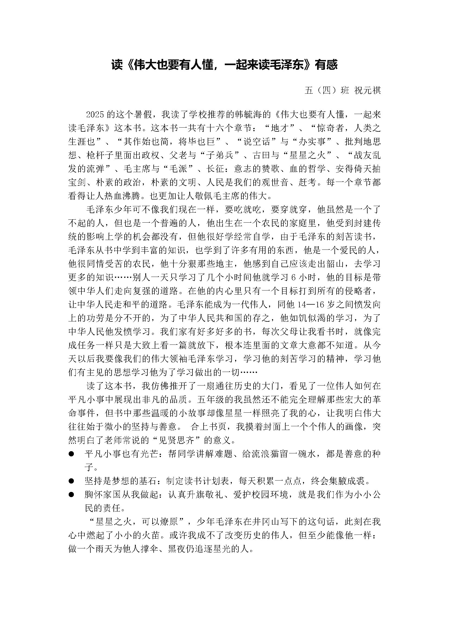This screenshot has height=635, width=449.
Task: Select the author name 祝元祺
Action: pyautogui.click(x=368, y=90)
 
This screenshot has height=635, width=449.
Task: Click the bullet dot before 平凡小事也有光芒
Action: pyautogui.click(x=71, y=454)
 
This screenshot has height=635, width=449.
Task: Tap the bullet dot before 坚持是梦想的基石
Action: pyautogui.click(x=71, y=481)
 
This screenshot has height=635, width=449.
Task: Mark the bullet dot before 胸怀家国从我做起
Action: pyautogui.click(x=71, y=495)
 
